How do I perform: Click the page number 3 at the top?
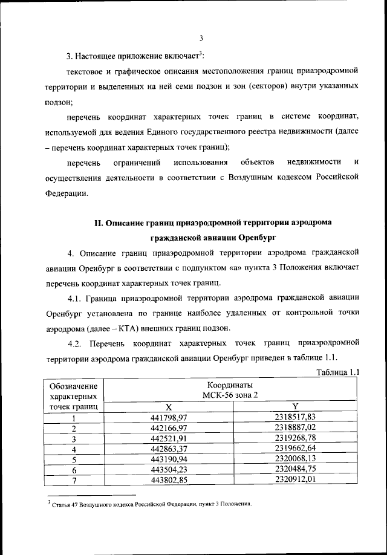(x=200, y=38)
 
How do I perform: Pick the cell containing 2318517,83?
(x=295, y=417)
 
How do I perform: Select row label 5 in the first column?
(x=73, y=461)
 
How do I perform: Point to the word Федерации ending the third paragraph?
(x=67, y=194)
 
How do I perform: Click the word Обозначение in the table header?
(x=73, y=386)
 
